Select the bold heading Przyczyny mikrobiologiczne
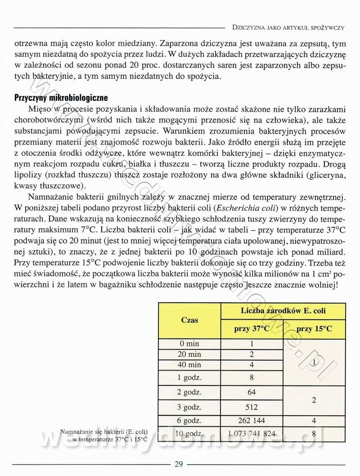(x=62, y=97)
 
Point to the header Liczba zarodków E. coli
(x=283, y=311)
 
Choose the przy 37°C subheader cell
(x=252, y=329)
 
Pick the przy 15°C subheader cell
(x=315, y=329)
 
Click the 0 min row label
(x=189, y=344)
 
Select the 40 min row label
(x=189, y=364)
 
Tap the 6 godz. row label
(x=189, y=420)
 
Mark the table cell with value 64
(x=252, y=392)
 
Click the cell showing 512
(x=252, y=408)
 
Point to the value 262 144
(x=252, y=420)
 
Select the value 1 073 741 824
(x=252, y=434)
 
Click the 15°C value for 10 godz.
(x=315, y=434)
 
